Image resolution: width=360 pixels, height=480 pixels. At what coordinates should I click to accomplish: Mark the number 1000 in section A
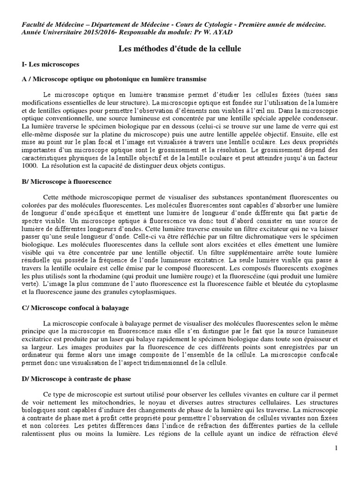30,165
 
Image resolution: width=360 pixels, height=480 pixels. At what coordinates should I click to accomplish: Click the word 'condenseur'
319,118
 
